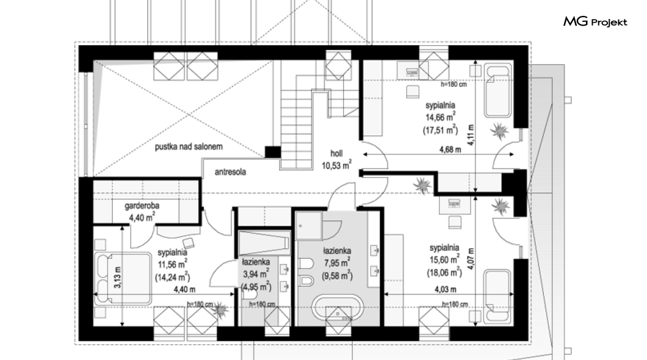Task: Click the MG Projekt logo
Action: click(x=595, y=22)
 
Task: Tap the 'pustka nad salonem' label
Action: click(x=189, y=146)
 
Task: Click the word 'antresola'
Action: click(x=230, y=172)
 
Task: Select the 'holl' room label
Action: click(x=336, y=153)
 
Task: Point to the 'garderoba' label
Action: click(x=142, y=206)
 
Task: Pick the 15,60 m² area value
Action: click(x=444, y=260)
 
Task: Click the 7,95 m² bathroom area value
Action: click(x=337, y=263)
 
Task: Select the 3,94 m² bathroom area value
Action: click(x=256, y=273)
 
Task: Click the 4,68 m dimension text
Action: click(x=450, y=149)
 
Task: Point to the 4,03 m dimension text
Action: click(x=445, y=289)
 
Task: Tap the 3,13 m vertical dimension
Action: click(x=118, y=277)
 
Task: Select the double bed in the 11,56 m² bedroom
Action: click(x=123, y=279)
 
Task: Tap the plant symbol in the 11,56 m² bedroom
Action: click(x=220, y=309)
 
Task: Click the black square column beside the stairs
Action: click(x=273, y=152)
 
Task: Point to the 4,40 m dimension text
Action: click(x=184, y=289)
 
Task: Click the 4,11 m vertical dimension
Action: click(x=471, y=135)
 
